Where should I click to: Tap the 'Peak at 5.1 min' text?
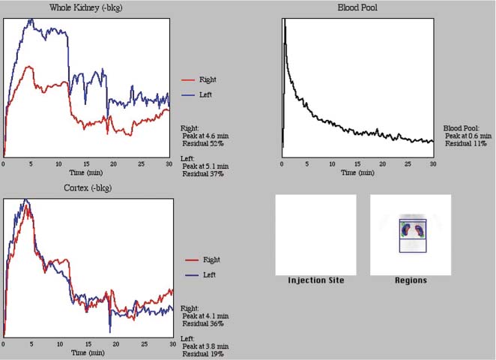[x=205, y=166]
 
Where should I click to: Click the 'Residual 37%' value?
[x=204, y=174]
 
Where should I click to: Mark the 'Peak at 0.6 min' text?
[x=467, y=136]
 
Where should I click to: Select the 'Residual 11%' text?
[x=465, y=143]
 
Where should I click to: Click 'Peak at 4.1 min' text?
[x=205, y=316]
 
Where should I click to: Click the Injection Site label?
[x=315, y=280]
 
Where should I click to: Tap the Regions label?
[x=410, y=280]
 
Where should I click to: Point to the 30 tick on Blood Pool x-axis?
[x=432, y=163]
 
